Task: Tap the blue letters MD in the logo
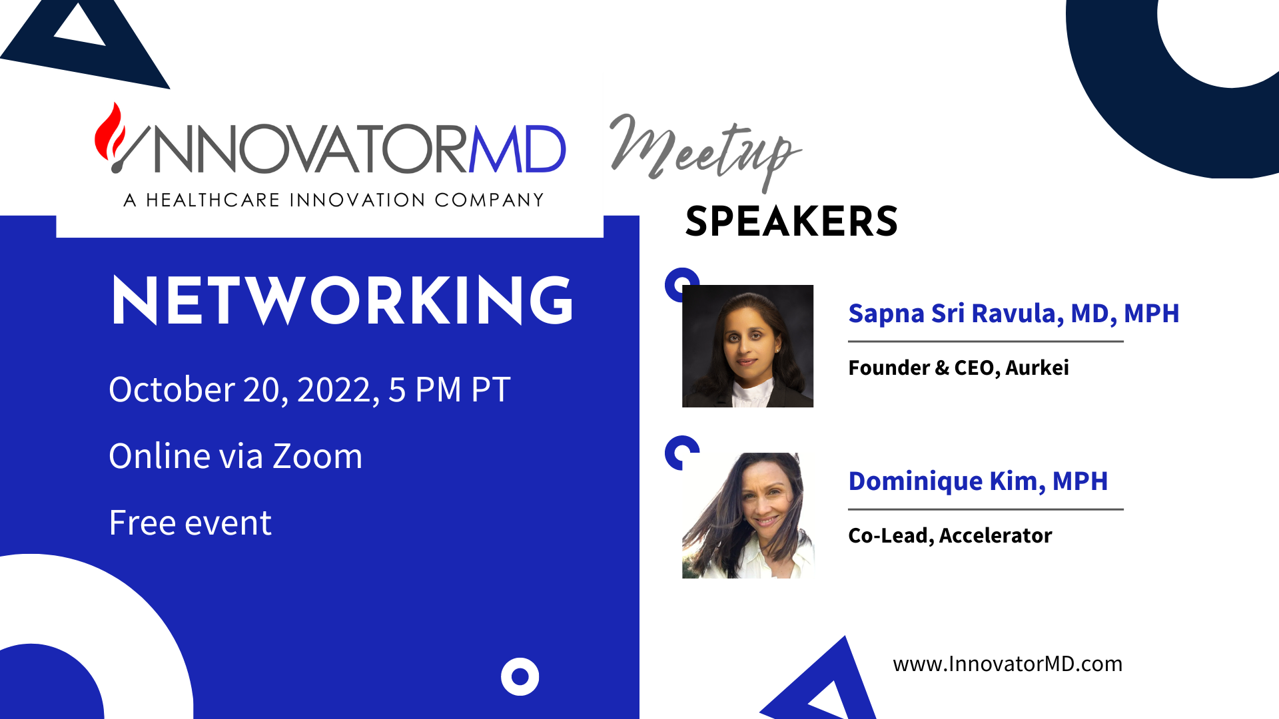coord(518,149)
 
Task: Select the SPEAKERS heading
coord(791,222)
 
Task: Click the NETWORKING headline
coord(342,300)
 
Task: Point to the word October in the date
coord(171,389)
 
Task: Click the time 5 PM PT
coord(450,389)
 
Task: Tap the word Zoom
coord(318,457)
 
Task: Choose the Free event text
coord(190,523)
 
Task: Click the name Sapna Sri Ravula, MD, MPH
coord(1013,313)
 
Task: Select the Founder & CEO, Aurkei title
coord(958,367)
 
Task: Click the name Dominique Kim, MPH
coord(978,481)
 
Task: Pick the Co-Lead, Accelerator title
coord(950,535)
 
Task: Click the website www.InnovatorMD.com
coord(1007,664)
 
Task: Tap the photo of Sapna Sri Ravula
coord(747,346)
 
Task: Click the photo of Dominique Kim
coord(747,515)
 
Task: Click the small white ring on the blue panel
coord(520,676)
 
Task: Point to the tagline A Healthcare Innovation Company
coord(334,200)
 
